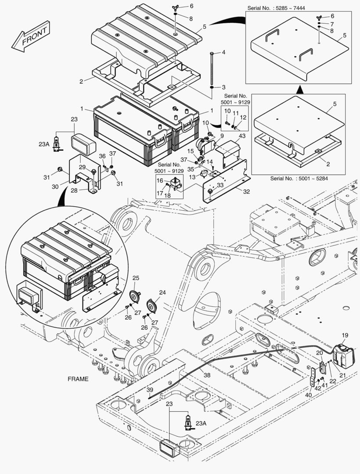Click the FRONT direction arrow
pyautogui.click(x=30, y=37)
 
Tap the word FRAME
pyautogui.click(x=78, y=379)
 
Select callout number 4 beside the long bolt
pyautogui.click(x=223, y=52)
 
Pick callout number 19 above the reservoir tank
pyautogui.click(x=345, y=335)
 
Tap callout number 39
pyautogui.click(x=149, y=390)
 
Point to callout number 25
pyautogui.click(x=136, y=278)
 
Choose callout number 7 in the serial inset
pyautogui.click(x=332, y=23)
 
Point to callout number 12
pyautogui.click(x=243, y=117)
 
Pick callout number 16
pyautogui.click(x=160, y=180)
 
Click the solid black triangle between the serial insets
pyautogui.click(x=300, y=89)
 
